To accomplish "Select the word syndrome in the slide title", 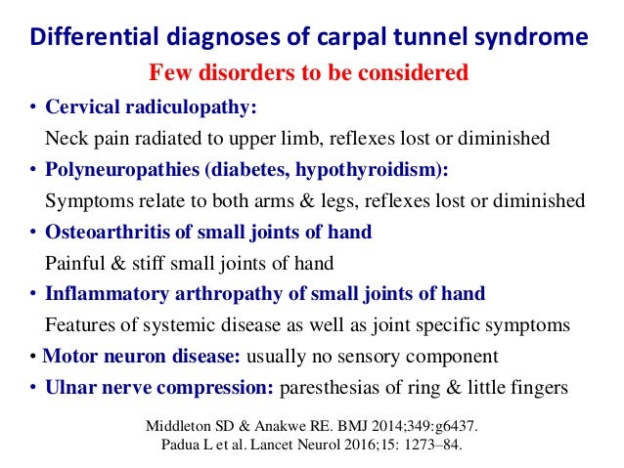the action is tap(535, 38).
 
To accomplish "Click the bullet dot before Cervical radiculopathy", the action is tap(34, 106).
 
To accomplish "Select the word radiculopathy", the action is tap(199, 106).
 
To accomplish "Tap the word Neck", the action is tap(67, 138).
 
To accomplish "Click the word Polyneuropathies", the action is tap(120, 170).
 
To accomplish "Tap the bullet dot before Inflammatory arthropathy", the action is tap(34, 294).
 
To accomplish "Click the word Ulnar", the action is tap(70, 388).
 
